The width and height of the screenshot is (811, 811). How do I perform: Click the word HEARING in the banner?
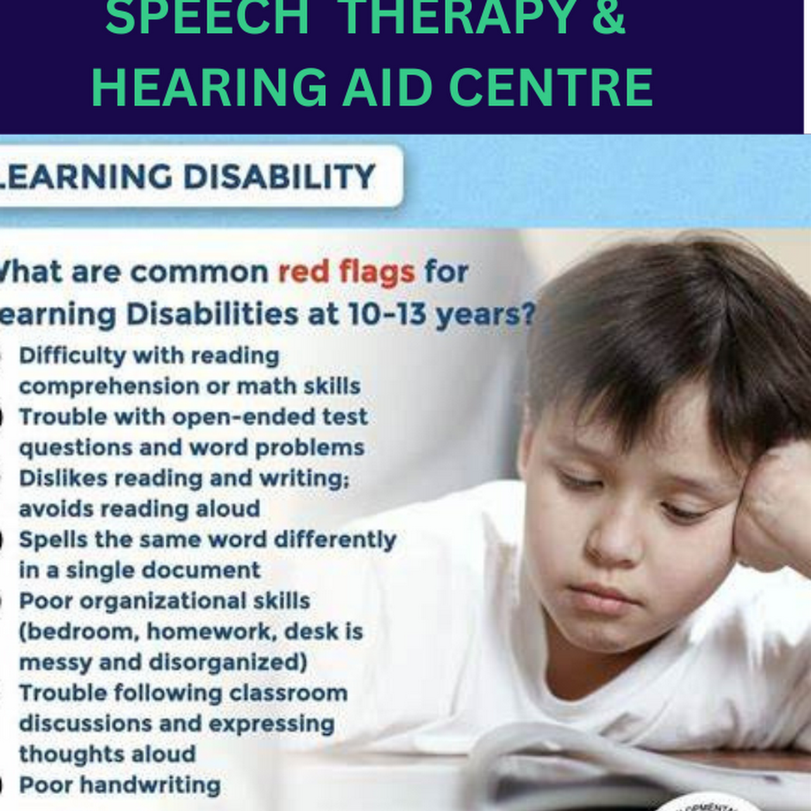(209, 87)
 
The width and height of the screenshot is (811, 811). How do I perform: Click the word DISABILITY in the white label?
(279, 177)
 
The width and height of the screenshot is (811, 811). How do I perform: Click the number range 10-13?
(387, 314)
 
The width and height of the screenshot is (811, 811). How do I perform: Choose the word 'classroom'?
(288, 693)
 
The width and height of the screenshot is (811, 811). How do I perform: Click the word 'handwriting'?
(150, 785)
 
